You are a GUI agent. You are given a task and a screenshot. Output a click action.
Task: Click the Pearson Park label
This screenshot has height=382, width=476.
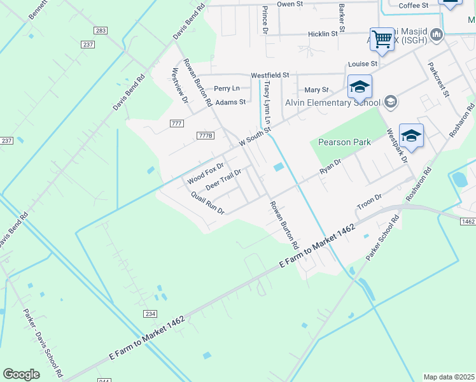(344, 142)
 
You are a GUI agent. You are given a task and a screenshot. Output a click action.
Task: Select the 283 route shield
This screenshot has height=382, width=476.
(100, 31)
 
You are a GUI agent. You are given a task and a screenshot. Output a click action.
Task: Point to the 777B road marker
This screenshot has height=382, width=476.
(205, 136)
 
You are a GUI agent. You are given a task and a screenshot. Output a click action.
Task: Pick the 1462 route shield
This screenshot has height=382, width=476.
(467, 221)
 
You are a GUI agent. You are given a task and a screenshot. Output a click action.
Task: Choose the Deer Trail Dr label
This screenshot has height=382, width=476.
(223, 180)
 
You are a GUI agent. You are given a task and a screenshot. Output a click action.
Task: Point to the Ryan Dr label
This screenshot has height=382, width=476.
(331, 167)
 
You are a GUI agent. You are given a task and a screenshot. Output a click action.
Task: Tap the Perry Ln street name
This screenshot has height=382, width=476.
(227, 88)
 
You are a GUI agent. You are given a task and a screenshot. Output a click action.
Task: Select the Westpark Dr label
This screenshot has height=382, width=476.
(396, 146)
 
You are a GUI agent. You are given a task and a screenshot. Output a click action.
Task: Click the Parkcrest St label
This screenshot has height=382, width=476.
(439, 79)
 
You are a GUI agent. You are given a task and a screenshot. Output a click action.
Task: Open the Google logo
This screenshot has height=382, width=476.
(21, 374)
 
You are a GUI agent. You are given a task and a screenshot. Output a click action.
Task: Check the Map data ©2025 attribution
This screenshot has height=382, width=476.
(449, 377)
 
